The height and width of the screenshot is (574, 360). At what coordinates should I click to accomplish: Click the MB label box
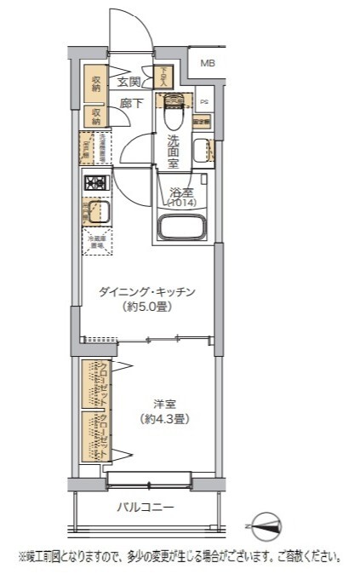click(207, 63)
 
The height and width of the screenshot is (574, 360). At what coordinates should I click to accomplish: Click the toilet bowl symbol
click(174, 106)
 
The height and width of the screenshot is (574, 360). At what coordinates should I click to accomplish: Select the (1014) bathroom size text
click(180, 204)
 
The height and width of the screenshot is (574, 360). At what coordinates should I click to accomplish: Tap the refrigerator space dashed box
click(95, 242)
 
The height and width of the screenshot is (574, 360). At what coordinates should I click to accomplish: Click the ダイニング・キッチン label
click(147, 292)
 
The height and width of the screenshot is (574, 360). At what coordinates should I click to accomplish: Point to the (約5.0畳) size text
click(147, 307)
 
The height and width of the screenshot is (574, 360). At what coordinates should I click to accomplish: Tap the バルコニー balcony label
click(146, 508)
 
